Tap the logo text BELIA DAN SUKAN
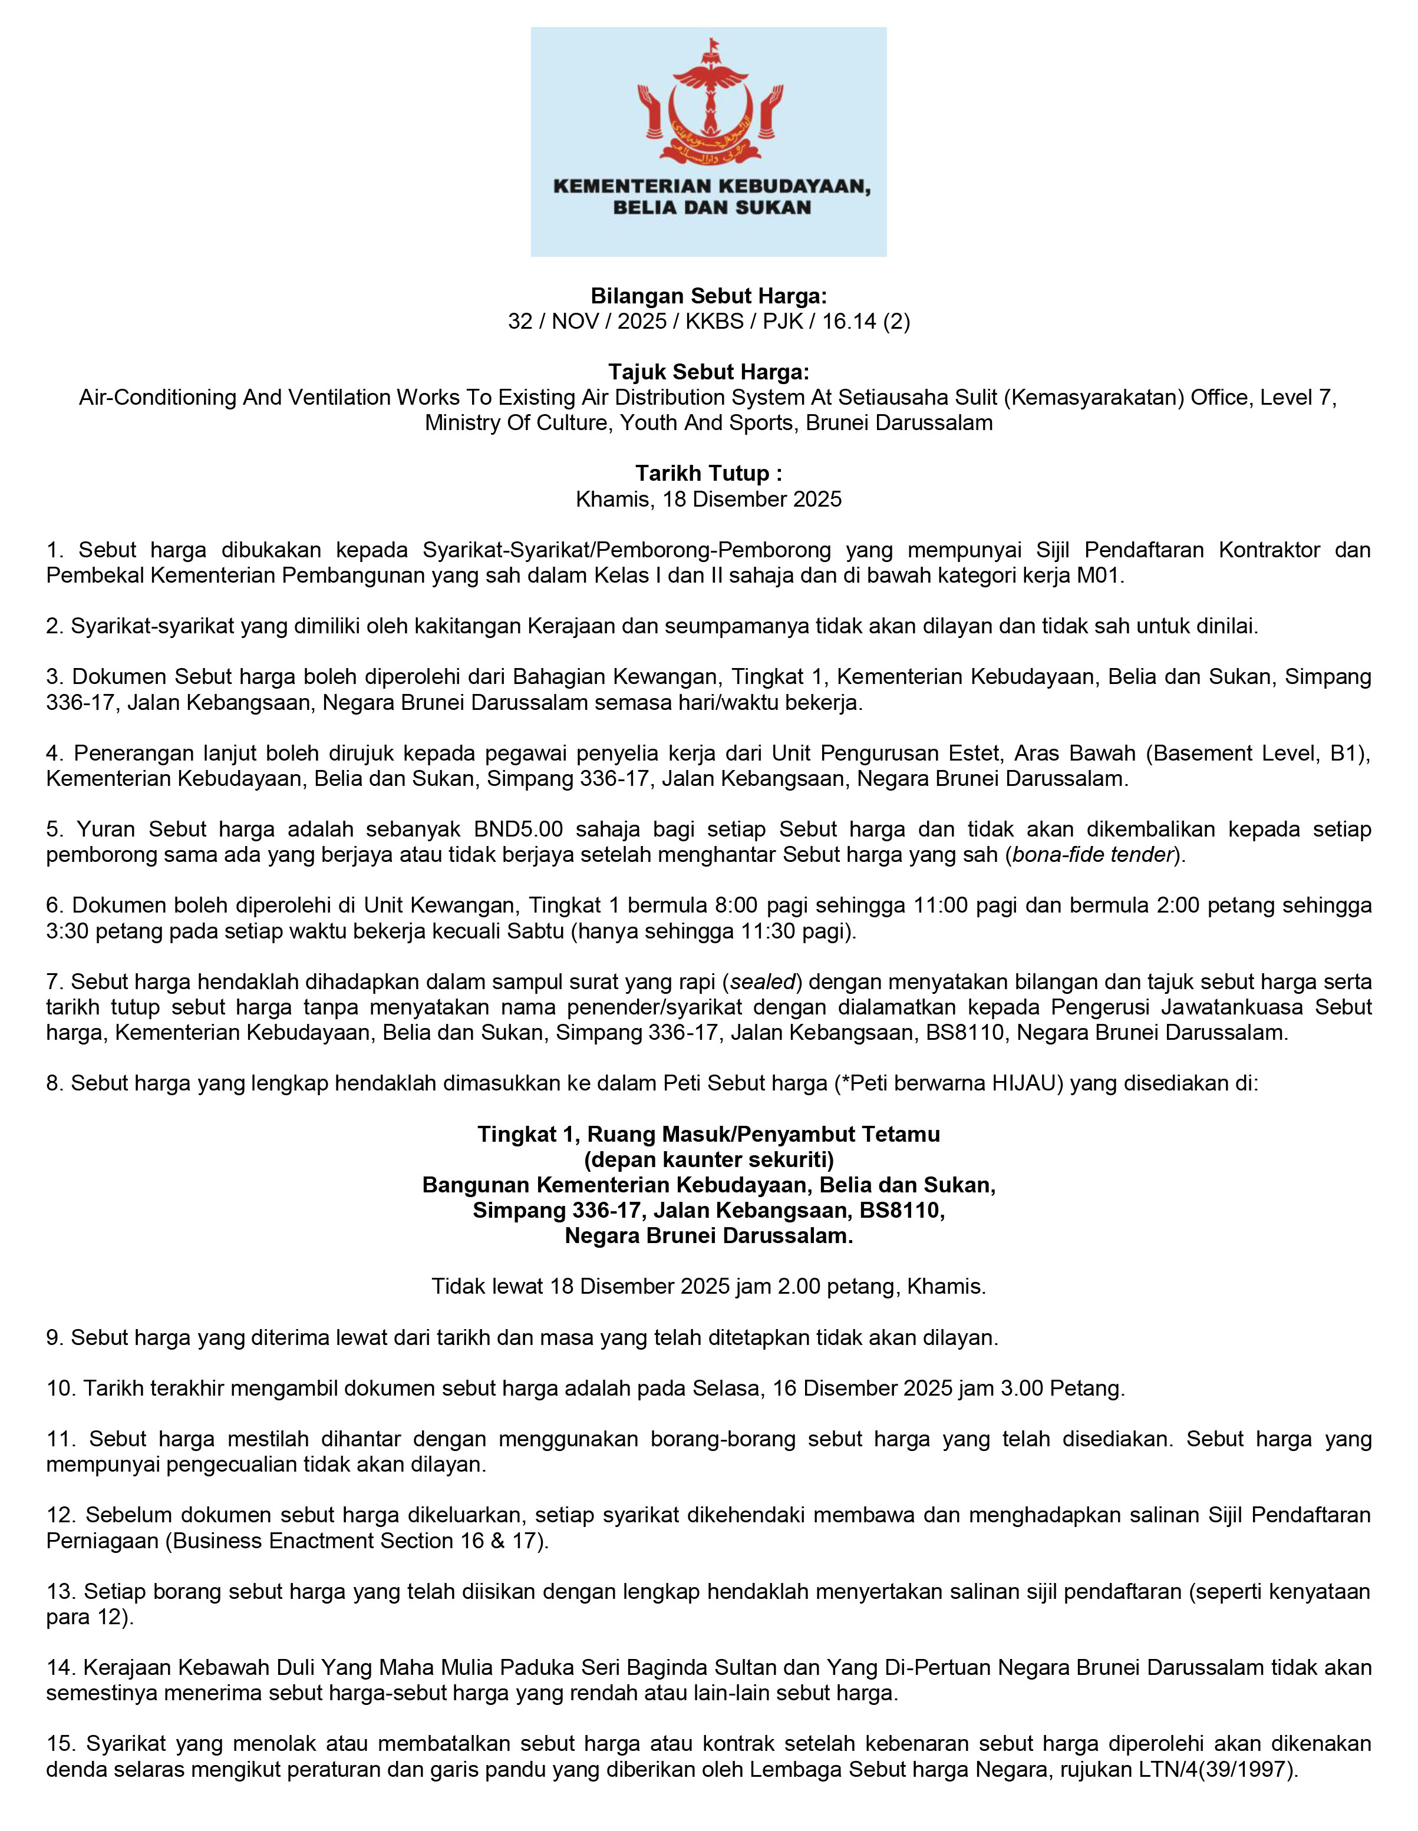click(711, 208)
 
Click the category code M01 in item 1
click(1099, 576)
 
